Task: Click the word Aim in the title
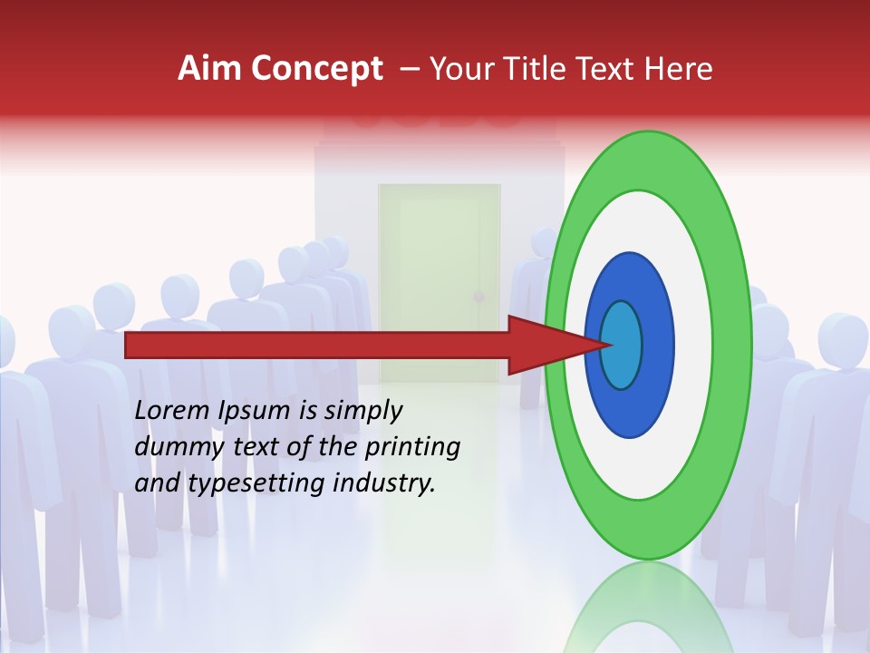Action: (x=209, y=69)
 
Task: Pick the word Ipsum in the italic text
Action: (x=256, y=411)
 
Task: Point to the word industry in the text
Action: (x=383, y=483)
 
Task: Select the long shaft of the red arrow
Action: (x=317, y=345)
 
